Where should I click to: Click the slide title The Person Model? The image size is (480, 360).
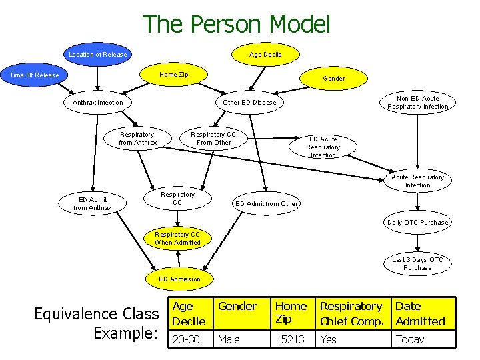[x=237, y=25]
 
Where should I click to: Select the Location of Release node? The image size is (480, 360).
[x=98, y=54]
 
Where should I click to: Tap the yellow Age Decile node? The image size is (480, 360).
[x=265, y=54]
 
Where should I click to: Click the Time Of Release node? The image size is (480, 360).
[x=35, y=75]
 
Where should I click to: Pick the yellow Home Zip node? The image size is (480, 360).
[x=173, y=74]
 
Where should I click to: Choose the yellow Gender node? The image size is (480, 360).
[x=334, y=78]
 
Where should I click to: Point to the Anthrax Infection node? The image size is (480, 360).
[x=97, y=103]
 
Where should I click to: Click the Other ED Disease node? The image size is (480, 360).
[x=249, y=103]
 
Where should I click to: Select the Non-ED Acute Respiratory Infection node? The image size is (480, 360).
[x=418, y=103]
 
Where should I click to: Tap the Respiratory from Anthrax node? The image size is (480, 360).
[x=138, y=138]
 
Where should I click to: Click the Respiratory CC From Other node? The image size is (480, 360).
[x=213, y=138]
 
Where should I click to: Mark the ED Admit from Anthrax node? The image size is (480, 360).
[x=92, y=203]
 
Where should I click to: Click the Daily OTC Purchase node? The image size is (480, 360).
[x=418, y=222]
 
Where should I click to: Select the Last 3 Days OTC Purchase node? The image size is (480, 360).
[x=417, y=264]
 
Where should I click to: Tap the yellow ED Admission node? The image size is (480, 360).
[x=179, y=279]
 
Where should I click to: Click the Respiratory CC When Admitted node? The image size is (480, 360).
[x=177, y=238]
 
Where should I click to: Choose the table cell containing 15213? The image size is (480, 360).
[x=291, y=339]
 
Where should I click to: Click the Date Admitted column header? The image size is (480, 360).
[x=420, y=313]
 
